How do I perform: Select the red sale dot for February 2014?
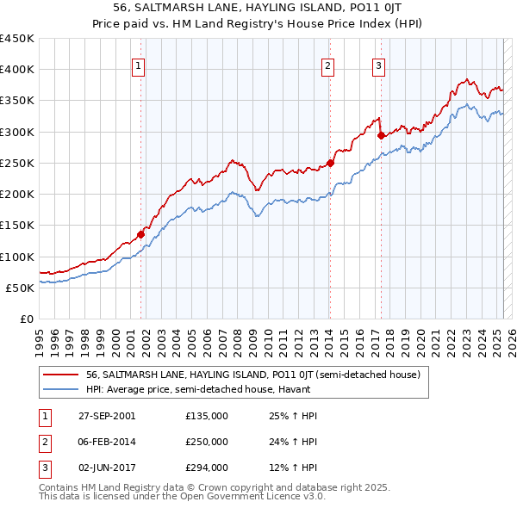pyautogui.click(x=330, y=163)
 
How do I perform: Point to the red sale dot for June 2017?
pyautogui.click(x=380, y=135)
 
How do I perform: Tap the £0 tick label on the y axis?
pyautogui.click(x=26, y=319)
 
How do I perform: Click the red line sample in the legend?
pyautogui.click(x=59, y=375)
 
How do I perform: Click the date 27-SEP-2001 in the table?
pyautogui.click(x=106, y=416)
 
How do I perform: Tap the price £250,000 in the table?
pyautogui.click(x=206, y=442)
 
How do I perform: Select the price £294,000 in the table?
pyautogui.click(x=206, y=468)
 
